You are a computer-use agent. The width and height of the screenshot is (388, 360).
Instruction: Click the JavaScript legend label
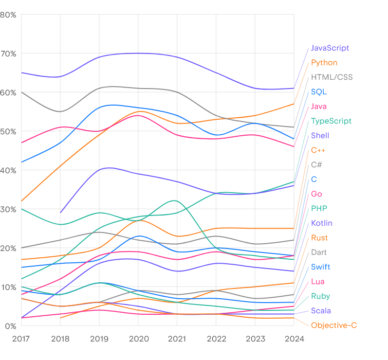pos(330,48)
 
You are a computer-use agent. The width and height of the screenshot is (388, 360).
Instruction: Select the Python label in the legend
pos(324,63)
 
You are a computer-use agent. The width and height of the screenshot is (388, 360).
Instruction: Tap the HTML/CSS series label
pos(332,77)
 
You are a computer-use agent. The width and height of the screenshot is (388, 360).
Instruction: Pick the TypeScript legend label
pos(331,121)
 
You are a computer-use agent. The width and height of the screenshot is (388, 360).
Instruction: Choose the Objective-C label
pos(334,325)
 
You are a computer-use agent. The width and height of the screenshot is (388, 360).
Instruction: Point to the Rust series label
pos(319,238)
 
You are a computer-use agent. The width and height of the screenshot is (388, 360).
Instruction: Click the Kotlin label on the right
pos(321,223)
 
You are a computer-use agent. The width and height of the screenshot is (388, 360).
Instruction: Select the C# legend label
pos(316,165)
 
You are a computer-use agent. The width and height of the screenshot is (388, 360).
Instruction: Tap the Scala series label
pos(321,311)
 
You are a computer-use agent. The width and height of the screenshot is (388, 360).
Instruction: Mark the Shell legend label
pos(320,136)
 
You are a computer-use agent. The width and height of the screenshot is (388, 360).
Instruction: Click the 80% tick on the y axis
pos(8,15)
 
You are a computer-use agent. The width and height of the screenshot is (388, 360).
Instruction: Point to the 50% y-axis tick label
pos(8,131)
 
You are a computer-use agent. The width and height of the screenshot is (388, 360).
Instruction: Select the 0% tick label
pos(10,326)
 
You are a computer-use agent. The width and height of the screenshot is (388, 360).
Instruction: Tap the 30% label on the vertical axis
pos(8,209)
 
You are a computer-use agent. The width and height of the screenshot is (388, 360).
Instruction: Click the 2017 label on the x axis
pos(21,339)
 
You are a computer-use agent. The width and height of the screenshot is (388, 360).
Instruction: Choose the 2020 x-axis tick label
pos(138,339)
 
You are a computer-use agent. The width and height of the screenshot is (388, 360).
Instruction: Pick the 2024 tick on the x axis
pos(294,339)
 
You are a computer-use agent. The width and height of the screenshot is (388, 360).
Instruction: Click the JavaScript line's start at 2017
pos(21,72)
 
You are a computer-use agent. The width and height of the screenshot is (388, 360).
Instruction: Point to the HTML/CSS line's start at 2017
pos(21,92)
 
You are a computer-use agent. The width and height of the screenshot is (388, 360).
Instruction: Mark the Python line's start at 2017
pos(21,201)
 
